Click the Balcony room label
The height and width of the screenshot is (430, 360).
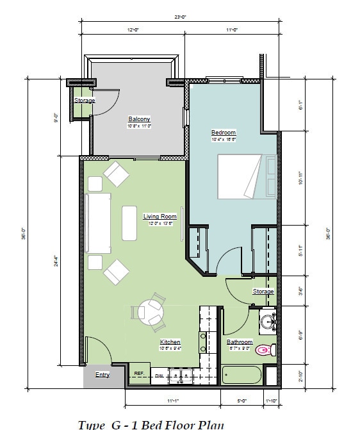(139, 119)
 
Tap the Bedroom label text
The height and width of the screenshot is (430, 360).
(224, 133)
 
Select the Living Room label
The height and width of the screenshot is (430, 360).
(160, 217)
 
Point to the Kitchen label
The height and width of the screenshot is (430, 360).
(170, 342)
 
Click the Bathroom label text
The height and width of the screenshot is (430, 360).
(240, 342)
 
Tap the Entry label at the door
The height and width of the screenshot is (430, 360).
(102, 374)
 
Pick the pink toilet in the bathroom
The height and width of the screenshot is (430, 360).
(263, 350)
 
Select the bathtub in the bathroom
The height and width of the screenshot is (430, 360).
(241, 375)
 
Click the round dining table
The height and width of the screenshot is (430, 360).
(152, 313)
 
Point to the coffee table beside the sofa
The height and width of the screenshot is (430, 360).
(129, 222)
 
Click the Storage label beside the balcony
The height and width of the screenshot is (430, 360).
(84, 101)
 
